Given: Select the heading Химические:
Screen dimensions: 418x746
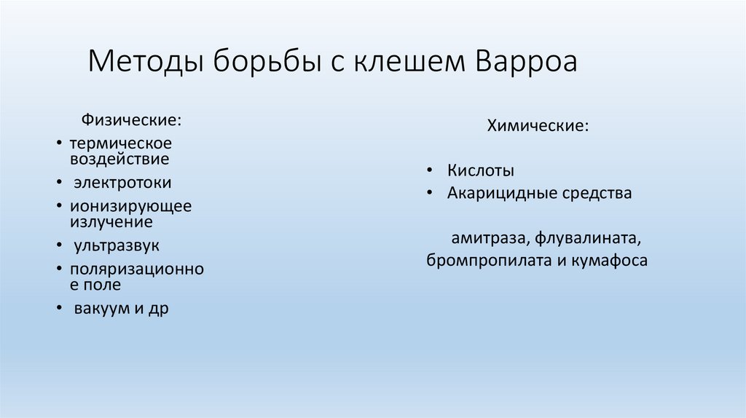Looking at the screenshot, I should click(x=538, y=127).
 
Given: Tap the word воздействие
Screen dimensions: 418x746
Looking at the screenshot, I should click(x=120, y=157).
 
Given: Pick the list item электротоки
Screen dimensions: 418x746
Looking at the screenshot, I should click(x=123, y=182).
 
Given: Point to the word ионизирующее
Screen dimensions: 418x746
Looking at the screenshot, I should click(x=131, y=206).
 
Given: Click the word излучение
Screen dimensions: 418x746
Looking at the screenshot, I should click(x=111, y=221).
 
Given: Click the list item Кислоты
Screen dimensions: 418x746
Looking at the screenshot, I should click(x=481, y=170).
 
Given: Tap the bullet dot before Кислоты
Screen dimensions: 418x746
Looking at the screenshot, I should click(x=431, y=170).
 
